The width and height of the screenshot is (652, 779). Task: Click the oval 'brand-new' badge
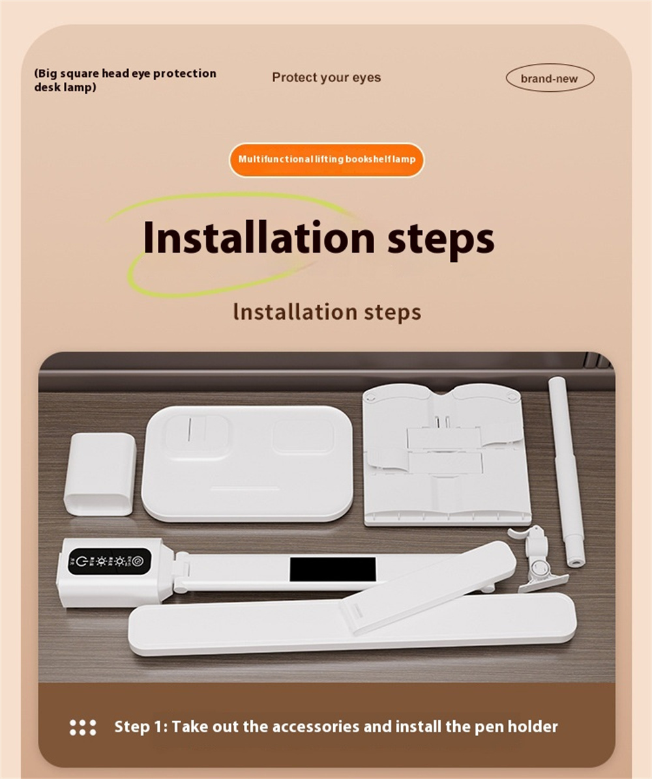click(550, 79)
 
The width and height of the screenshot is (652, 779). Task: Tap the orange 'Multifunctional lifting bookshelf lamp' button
click(326, 160)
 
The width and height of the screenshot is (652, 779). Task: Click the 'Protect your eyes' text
click(326, 78)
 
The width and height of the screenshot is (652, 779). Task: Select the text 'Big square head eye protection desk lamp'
click(125, 80)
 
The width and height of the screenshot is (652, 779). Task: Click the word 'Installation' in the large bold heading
click(259, 237)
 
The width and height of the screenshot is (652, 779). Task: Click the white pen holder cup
click(100, 474)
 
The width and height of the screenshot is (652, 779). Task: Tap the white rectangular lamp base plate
click(247, 464)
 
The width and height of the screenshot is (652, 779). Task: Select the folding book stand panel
click(447, 454)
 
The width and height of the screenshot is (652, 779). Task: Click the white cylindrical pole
click(567, 472)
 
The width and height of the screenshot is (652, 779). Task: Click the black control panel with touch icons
click(110, 561)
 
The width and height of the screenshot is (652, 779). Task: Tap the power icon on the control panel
click(82, 561)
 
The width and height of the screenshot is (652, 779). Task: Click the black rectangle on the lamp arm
click(333, 569)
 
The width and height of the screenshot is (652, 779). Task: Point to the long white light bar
click(352, 623)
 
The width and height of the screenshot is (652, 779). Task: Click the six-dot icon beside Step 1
click(83, 728)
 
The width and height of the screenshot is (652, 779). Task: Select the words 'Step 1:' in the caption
click(141, 727)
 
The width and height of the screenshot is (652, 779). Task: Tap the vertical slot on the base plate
click(190, 429)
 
